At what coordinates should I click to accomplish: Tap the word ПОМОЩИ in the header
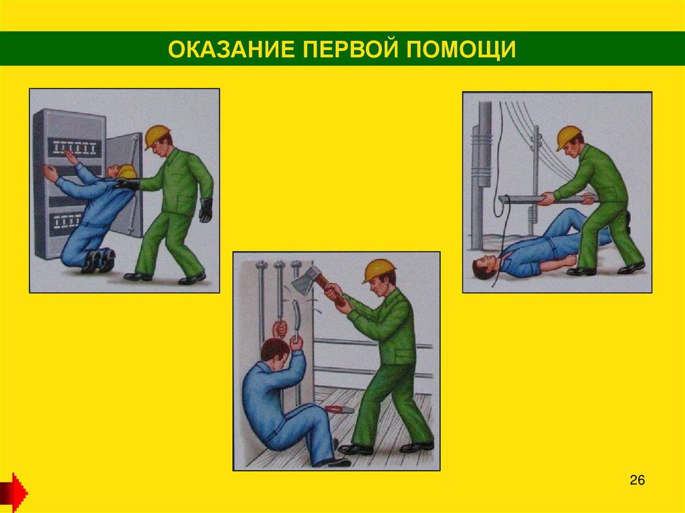pyautogui.click(x=461, y=49)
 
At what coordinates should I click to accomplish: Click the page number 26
pyautogui.click(x=637, y=480)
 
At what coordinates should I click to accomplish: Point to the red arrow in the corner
pyautogui.click(x=13, y=492)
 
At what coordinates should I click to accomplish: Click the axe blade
pyautogui.click(x=305, y=280)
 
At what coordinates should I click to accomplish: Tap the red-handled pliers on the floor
pyautogui.click(x=339, y=409)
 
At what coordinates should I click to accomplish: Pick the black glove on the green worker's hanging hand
pyautogui.click(x=206, y=210)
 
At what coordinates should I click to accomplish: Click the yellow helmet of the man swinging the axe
pyautogui.click(x=379, y=270)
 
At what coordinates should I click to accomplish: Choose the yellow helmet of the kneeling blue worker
pyautogui.click(x=126, y=172)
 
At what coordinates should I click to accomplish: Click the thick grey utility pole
pyautogui.click(x=480, y=175)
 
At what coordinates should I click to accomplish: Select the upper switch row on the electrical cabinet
pyautogui.click(x=74, y=148)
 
